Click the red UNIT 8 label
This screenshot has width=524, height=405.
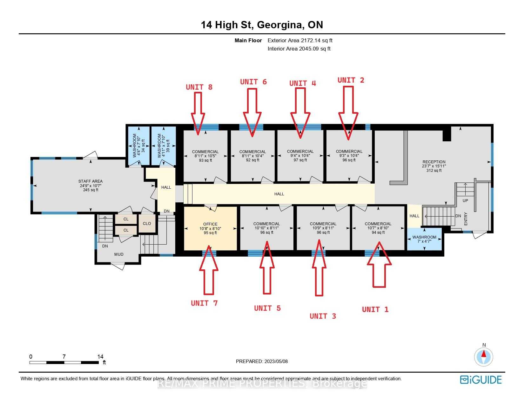point(199,87)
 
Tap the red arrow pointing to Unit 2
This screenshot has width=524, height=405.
point(348,113)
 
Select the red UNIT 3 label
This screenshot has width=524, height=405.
point(323,316)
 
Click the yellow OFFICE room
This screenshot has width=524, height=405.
point(210,228)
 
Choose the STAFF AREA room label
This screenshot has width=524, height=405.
point(91,181)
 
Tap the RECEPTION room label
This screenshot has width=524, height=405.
point(434,162)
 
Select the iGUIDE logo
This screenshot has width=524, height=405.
point(481,380)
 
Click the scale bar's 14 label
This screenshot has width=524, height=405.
point(100,356)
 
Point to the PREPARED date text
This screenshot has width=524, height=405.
point(262,361)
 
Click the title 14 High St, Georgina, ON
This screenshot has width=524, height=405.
point(262,25)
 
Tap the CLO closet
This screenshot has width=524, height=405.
point(147,223)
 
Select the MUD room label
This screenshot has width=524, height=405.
point(119,254)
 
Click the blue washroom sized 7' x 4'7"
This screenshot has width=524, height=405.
point(424,239)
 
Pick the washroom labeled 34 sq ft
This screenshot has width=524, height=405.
point(138,145)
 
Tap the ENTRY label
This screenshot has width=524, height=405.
point(466,219)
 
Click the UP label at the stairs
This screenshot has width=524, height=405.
point(465,201)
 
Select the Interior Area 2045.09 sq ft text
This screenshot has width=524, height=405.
point(299,49)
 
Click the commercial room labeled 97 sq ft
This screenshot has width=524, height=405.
point(300,156)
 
